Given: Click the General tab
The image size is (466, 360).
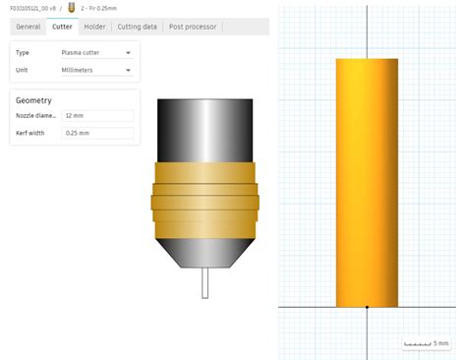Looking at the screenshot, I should tap(28, 27).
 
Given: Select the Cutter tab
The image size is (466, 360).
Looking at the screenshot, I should tap(62, 27).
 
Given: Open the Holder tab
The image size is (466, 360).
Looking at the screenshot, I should tap(95, 27).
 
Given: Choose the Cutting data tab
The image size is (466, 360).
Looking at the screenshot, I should tap(137, 27).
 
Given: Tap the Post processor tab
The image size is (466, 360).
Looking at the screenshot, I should tap(193, 27).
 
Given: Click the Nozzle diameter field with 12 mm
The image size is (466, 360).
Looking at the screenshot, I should tap(97, 116).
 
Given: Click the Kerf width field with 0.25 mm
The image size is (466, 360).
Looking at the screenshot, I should tap(97, 132).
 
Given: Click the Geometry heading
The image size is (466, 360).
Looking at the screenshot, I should tap(34, 99).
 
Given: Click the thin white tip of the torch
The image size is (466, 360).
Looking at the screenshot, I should tap(204, 283).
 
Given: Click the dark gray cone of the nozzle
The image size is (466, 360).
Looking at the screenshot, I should tap(204, 255).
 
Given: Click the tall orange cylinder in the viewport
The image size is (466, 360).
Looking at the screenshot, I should tap(367, 182).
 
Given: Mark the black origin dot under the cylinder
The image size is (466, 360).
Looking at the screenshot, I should tap(367, 307).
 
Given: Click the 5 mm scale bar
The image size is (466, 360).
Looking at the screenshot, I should tap(427, 343).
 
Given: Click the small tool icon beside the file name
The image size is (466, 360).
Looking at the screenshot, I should tap(71, 7).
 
